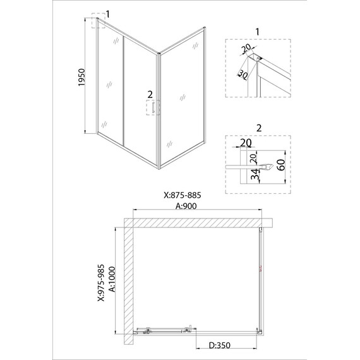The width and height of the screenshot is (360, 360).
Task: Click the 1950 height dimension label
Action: (x=81, y=78)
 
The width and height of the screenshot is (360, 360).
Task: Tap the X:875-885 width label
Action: (x=183, y=195)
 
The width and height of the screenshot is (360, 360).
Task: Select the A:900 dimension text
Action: (x=186, y=206)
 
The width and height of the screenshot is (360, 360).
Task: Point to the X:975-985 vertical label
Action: (x=101, y=282)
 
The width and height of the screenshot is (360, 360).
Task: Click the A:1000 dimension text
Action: (x=112, y=279)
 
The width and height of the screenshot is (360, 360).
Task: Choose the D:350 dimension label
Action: (x=220, y=345)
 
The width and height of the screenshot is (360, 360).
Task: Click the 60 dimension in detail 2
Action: (x=281, y=165)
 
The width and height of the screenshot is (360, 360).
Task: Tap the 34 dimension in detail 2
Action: (x=255, y=174)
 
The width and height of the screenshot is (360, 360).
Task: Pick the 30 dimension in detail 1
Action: (x=243, y=75)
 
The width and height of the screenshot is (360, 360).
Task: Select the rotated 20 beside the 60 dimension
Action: (x=253, y=159)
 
